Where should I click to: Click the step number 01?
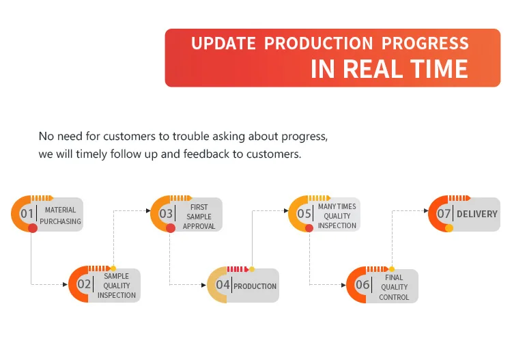(x=27, y=214)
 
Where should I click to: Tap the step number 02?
(x=84, y=284)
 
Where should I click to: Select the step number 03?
(x=167, y=214)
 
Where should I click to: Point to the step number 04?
(x=223, y=285)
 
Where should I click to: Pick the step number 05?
(x=304, y=214)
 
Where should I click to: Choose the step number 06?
(x=362, y=285)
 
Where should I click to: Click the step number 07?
(x=444, y=214)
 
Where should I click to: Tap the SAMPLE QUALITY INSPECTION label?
(x=117, y=286)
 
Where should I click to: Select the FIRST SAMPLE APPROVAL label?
(x=199, y=216)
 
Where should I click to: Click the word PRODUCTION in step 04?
(x=255, y=286)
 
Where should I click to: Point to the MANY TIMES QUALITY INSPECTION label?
(x=337, y=216)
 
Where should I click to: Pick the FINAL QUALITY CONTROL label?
(x=395, y=287)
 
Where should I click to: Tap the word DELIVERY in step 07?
(x=477, y=214)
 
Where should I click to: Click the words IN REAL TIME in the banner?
(x=389, y=69)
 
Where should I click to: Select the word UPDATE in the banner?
(x=223, y=44)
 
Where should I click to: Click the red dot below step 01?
(x=33, y=228)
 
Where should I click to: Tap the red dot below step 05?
(x=309, y=228)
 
